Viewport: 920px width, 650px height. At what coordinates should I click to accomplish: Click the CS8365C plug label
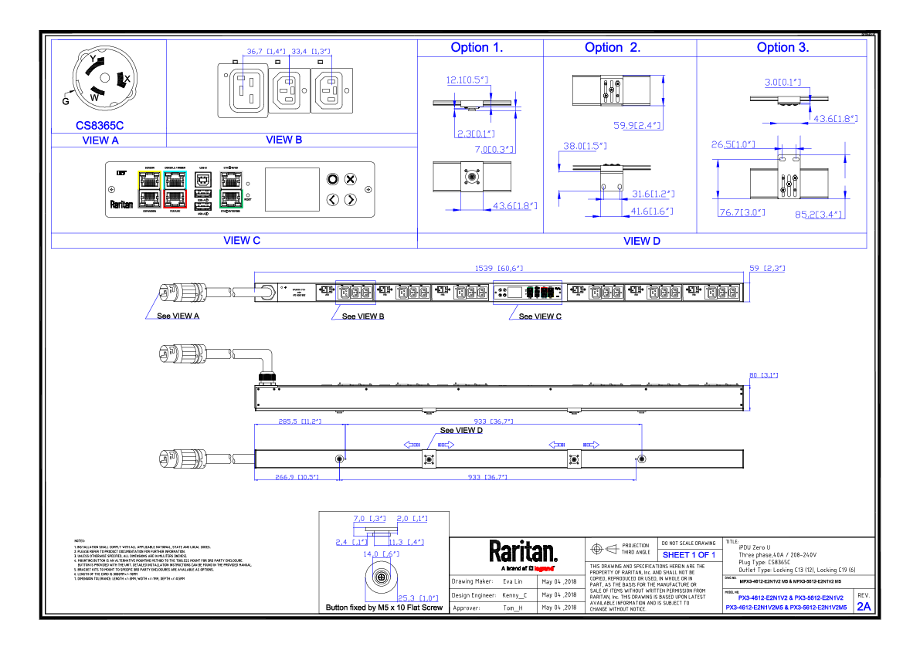click(100, 124)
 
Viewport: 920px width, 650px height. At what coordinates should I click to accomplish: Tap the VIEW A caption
click(100, 140)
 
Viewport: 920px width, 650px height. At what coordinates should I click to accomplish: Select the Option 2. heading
click(613, 47)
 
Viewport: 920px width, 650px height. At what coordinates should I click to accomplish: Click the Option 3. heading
click(783, 47)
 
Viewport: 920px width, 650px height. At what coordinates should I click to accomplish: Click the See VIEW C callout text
click(540, 317)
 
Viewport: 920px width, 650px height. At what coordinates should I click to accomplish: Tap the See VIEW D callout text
click(461, 431)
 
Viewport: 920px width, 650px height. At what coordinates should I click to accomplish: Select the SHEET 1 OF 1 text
click(689, 555)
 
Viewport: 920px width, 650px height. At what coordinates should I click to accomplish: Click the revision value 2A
click(863, 607)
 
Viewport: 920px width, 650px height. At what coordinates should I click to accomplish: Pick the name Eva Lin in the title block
click(514, 581)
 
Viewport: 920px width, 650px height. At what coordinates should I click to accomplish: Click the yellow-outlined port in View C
click(149, 180)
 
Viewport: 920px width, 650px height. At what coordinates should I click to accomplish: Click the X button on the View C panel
click(350, 179)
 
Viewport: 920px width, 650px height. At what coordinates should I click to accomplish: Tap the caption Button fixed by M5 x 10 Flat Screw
click(384, 608)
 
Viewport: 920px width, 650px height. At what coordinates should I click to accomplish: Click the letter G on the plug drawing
click(66, 100)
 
